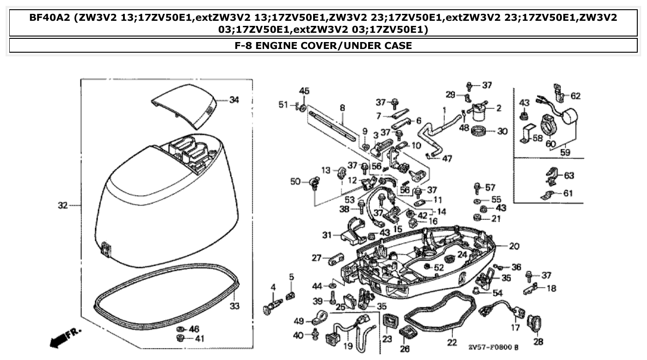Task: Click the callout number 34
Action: (234, 100)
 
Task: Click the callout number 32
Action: (63, 205)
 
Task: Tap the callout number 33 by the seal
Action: (235, 306)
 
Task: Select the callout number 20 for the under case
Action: (514, 246)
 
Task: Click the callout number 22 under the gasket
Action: (452, 342)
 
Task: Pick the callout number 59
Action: (565, 152)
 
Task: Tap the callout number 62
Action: (575, 96)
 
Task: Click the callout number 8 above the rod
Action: (342, 108)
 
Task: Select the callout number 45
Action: (304, 91)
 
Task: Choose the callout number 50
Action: (296, 182)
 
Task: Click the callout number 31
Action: (327, 235)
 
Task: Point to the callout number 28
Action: (538, 342)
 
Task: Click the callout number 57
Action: (490, 188)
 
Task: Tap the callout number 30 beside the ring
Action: (502, 131)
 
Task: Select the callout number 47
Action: (447, 159)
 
